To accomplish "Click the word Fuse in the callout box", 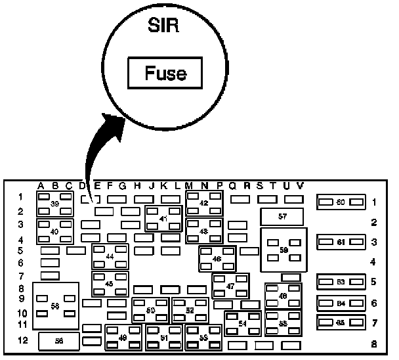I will coord(165,73).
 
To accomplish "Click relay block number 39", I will coord(54,204).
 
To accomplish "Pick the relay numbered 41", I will coord(163,219).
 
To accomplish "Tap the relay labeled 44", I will coord(110,256).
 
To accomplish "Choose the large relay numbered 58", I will coord(56,306).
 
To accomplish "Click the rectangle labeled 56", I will coord(59,341).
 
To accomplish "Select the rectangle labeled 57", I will coord(282,216).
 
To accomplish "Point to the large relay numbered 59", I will coord(283,250).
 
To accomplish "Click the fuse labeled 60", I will coord(341,202).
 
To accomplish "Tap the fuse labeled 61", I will coord(341,242).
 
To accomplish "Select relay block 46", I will coord(217,259).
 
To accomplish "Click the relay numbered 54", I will coord(243,323).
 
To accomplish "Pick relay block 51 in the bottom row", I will coord(164,338).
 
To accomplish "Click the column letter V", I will coord(300,185).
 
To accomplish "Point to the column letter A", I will coord(41,185).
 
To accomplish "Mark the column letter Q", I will coord(232,185).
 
